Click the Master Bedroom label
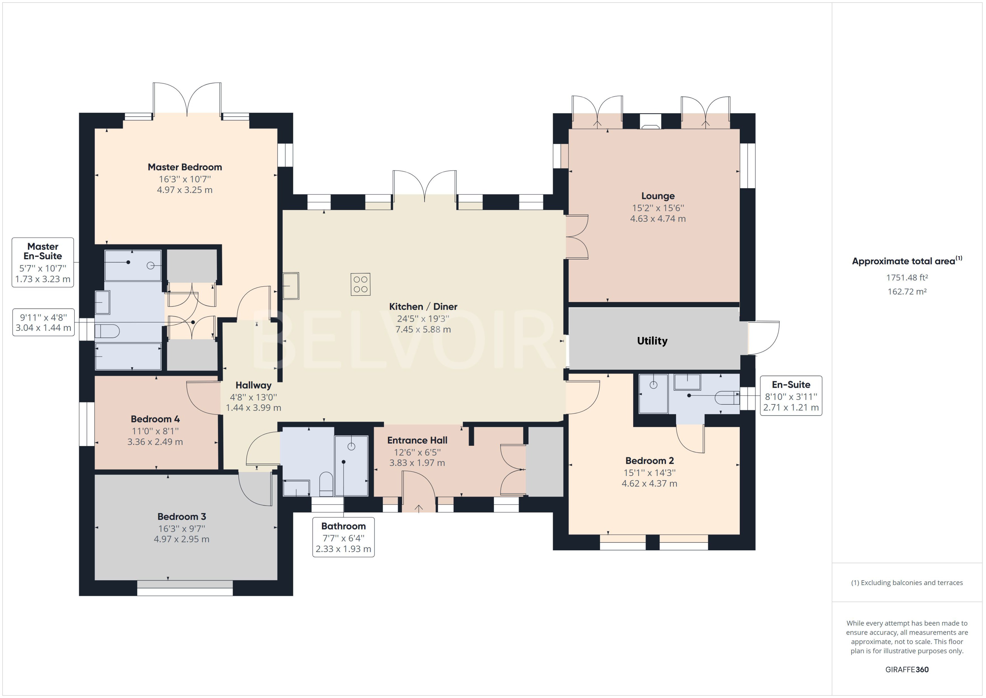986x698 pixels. (185, 167)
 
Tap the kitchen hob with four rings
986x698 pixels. (361, 285)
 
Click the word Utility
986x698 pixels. (652, 341)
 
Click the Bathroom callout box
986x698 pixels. (343, 537)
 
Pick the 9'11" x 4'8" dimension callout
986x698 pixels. (43, 323)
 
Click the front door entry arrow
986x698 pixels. (419, 508)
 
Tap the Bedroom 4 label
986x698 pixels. (155, 419)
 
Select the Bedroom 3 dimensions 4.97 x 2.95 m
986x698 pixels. (181, 539)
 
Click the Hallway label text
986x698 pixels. (254, 385)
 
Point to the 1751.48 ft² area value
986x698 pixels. (907, 278)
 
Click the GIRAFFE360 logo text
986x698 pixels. (907, 669)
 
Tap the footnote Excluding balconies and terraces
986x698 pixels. (907, 583)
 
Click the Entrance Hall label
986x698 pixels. (417, 440)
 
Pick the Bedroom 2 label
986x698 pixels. (649, 461)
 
